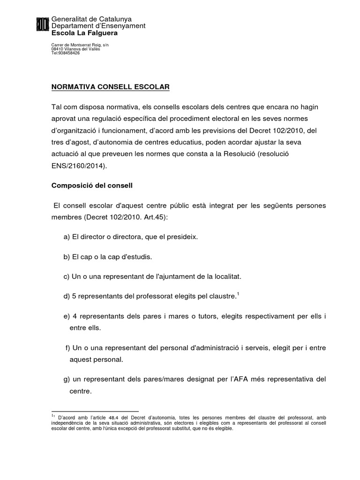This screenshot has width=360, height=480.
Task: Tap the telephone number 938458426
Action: click(68, 53)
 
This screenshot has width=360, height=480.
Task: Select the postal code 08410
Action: click(56, 49)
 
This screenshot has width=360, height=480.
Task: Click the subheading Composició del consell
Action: click(92, 186)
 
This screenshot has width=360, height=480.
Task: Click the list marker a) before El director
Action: click(67, 238)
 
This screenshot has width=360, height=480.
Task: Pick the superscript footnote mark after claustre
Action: click(238, 294)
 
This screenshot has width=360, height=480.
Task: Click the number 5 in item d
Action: click(75, 296)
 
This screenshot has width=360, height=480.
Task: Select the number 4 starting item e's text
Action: click(75, 317)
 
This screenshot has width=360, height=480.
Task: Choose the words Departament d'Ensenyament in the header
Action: click(98, 26)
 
